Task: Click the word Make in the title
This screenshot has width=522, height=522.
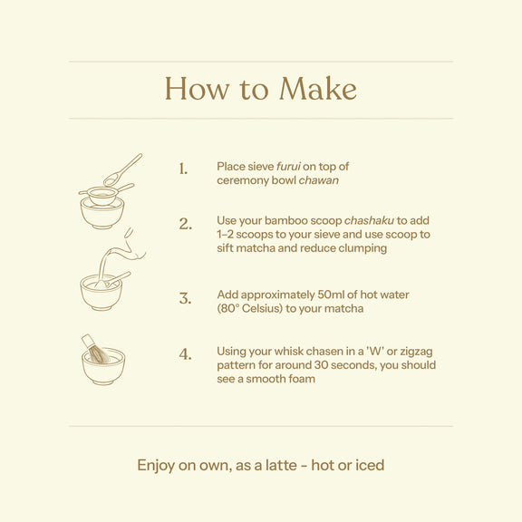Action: (x=318, y=89)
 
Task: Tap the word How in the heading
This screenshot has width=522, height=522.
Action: (x=197, y=89)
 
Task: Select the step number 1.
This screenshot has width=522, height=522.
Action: (x=183, y=169)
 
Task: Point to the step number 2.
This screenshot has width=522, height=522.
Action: (x=186, y=224)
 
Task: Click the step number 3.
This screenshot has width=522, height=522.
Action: (x=186, y=298)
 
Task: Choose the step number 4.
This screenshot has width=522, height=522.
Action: (x=186, y=353)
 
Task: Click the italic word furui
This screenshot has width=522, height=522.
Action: (x=288, y=167)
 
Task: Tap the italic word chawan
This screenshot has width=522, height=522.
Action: (x=319, y=180)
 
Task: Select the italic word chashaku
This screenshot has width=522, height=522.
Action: (x=369, y=220)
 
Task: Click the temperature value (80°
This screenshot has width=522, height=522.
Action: (x=228, y=308)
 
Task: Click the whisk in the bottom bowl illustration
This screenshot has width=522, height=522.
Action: (x=95, y=350)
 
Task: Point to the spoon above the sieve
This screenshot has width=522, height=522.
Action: (x=122, y=170)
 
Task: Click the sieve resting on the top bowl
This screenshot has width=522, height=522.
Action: (x=106, y=195)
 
